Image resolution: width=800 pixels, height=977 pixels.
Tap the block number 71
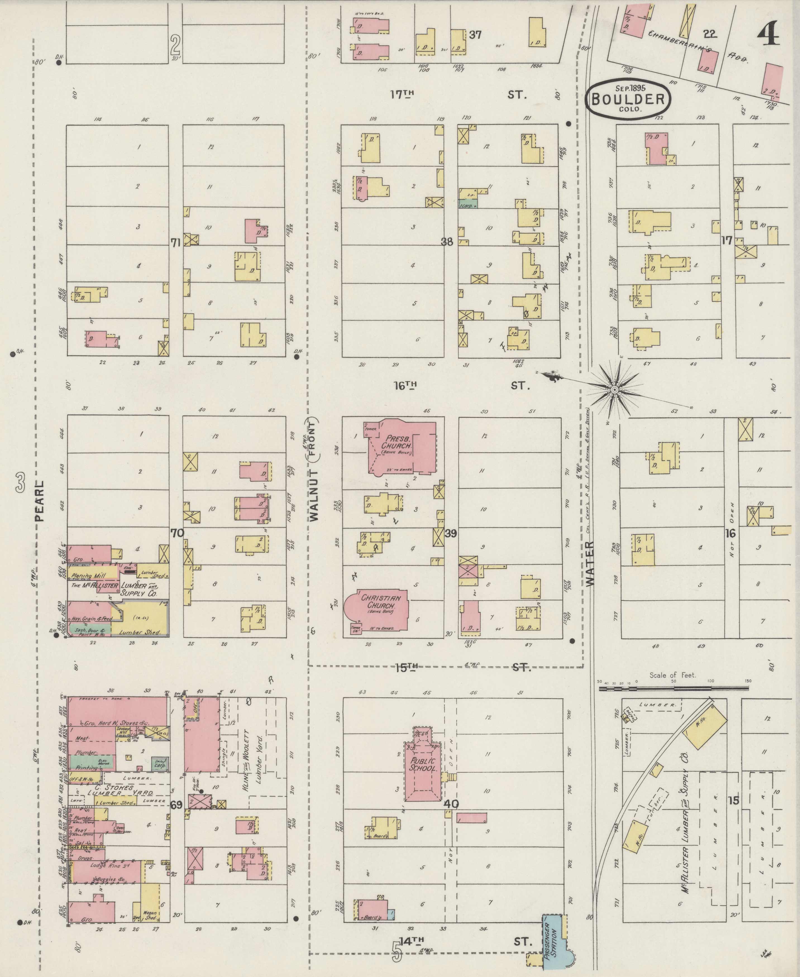[x=175, y=243]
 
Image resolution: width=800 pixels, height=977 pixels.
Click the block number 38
[x=446, y=241]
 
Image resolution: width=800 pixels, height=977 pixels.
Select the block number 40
[x=452, y=804]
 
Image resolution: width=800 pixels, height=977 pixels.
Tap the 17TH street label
[x=402, y=94]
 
